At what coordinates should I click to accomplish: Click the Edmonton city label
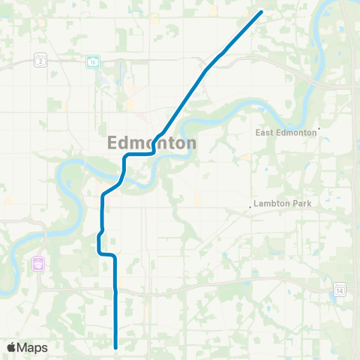click(153, 142)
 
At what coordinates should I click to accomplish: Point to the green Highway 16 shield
click(92, 61)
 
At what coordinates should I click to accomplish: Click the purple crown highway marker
click(37, 263)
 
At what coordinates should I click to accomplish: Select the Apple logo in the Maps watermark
click(12, 347)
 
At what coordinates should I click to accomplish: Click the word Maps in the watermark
click(33, 347)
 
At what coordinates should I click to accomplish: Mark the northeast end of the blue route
click(261, 12)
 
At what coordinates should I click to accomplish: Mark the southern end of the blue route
click(116, 347)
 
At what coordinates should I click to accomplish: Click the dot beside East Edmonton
click(319, 129)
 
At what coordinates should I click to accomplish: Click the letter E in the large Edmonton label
click(114, 142)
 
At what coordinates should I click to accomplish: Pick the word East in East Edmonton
click(264, 133)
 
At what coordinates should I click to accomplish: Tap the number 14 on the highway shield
click(340, 290)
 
